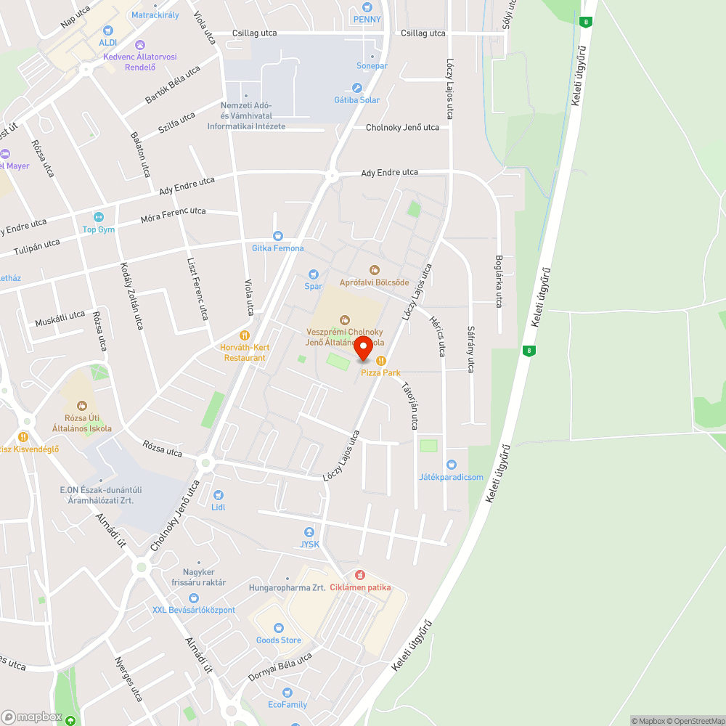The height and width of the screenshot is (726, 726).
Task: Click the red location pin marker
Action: pyautogui.click(x=364, y=349)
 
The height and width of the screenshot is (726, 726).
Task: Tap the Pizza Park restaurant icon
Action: pyautogui.click(x=380, y=361)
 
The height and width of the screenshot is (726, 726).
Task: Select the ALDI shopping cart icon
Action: pyautogui.click(x=108, y=30)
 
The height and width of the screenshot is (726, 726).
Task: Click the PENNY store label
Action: pyautogui.click(x=367, y=20)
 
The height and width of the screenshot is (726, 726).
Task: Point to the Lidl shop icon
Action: pyautogui.click(x=218, y=495)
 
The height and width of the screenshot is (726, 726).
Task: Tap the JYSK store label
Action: pyautogui.click(x=311, y=544)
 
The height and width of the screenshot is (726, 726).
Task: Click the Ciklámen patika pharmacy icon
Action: pyautogui.click(x=360, y=575)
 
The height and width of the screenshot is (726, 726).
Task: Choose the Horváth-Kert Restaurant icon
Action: pyautogui.click(x=245, y=335)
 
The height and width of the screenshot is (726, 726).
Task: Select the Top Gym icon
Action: pyautogui.click(x=99, y=217)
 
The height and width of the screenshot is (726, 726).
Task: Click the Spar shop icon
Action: pyautogui.click(x=314, y=274)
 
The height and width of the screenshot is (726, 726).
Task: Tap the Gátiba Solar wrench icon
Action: pyautogui.click(x=356, y=88)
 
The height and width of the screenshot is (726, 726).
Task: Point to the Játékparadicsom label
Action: pyautogui.click(x=451, y=477)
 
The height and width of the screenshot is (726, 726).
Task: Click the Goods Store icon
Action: pyautogui.click(x=278, y=628)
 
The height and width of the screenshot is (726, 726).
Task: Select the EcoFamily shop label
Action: pyautogui.click(x=287, y=704)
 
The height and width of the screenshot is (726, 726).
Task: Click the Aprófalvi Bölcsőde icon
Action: pyautogui.click(x=375, y=270)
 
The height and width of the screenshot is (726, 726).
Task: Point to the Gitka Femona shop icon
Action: pyautogui.click(x=277, y=236)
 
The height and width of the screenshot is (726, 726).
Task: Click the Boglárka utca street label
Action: pyautogui.click(x=499, y=282)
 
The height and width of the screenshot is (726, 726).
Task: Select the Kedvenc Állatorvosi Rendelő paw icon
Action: pyautogui.click(x=141, y=45)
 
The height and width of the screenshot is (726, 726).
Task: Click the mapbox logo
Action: pyautogui.click(x=31, y=717)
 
